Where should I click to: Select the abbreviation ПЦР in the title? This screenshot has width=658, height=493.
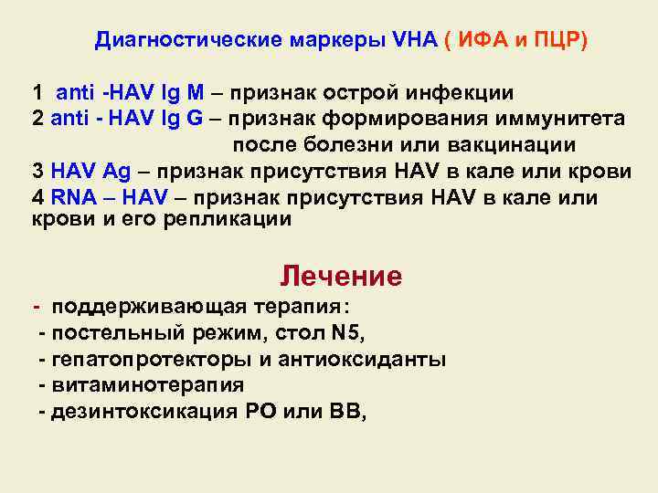click(554, 41)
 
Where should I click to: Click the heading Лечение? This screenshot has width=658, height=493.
click(341, 276)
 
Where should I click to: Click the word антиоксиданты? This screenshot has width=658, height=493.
click(376, 359)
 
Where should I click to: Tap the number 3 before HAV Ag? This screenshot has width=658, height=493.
click(37, 172)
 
